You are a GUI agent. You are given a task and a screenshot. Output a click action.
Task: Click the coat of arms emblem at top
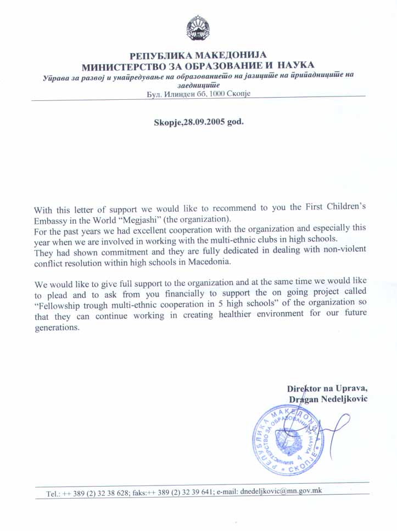click(x=198, y=28)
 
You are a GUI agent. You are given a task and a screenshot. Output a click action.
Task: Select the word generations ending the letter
click(x=57, y=328)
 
